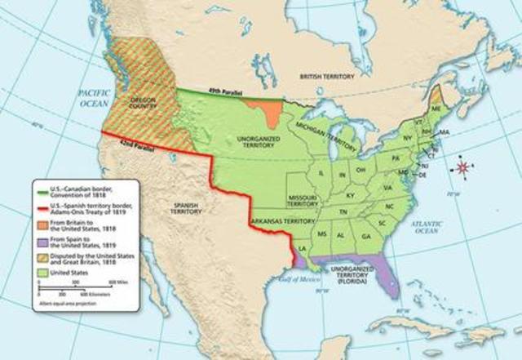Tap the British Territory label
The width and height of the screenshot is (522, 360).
327,76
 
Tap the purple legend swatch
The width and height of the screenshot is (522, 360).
42,242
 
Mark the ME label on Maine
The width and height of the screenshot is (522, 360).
438,106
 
